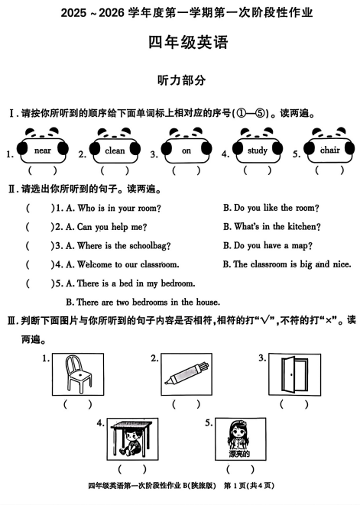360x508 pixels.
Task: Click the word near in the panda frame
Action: pos(43,151)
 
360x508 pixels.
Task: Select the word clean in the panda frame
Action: pos(115,151)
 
